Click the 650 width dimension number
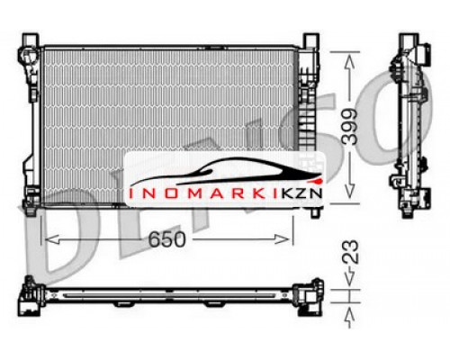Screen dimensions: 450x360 [167, 239]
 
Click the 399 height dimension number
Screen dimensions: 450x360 [350, 127]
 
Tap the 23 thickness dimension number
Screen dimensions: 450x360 [350, 251]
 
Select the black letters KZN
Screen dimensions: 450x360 [301, 193]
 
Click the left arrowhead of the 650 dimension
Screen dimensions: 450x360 [51, 239]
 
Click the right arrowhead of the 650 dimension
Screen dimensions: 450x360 [283, 239]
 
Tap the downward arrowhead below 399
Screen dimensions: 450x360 [350, 190]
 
